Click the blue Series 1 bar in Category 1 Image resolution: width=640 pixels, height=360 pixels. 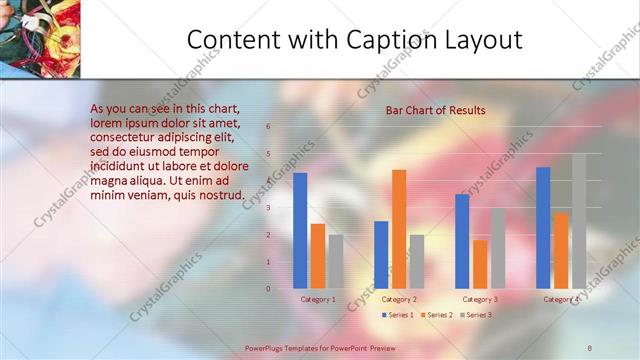[x=300, y=231]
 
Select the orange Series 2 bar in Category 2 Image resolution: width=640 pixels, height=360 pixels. [x=399, y=229]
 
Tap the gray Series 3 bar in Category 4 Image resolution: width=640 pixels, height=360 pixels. [x=579, y=221]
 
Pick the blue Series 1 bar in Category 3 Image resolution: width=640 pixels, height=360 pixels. [x=462, y=241]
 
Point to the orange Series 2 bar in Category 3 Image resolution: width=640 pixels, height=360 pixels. [x=480, y=264]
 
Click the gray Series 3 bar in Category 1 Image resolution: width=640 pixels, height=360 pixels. [x=336, y=261]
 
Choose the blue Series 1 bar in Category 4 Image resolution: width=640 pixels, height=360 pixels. [x=543, y=228]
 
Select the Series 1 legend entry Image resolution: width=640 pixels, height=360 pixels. [x=398, y=315]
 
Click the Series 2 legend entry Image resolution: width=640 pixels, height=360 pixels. [x=438, y=315]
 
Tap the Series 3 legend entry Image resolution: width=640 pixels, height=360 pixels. [x=477, y=315]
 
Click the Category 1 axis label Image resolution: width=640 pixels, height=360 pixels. [x=318, y=299]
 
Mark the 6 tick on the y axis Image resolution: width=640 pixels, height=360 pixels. [x=268, y=127]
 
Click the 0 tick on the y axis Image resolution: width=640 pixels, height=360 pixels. [x=268, y=289]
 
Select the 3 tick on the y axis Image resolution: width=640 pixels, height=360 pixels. [x=268, y=208]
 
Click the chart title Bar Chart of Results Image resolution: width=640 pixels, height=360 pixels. [x=436, y=110]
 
